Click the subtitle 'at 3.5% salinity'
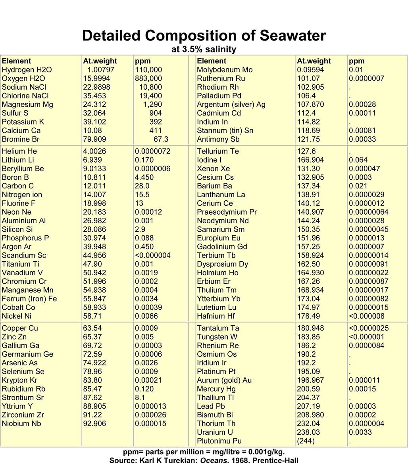tap(204, 50)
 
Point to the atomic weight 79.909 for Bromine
tap(95, 139)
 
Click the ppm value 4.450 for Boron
tap(144, 177)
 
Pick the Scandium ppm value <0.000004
tap(152, 255)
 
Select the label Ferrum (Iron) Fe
tap(29, 299)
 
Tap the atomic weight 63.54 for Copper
tap(92, 328)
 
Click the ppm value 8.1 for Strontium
tap(140, 397)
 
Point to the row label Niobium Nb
tap(21, 424)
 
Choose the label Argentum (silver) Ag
tap(231, 104)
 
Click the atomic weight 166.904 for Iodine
tap(310, 160)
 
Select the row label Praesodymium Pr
tap(227, 212)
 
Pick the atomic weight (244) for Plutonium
tap(306, 441)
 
